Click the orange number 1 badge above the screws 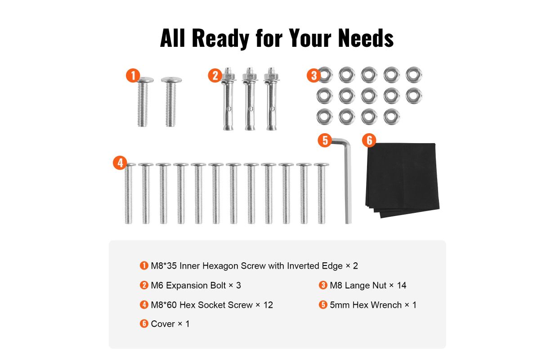coord(133,75)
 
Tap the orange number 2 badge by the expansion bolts coord(215,75)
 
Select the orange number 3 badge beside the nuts coord(313,75)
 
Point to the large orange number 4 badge coord(120,163)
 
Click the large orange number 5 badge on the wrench coord(325,140)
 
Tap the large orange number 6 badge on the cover coord(369,140)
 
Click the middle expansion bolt coord(250,99)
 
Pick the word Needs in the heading coord(366,38)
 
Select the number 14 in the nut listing coord(401,285)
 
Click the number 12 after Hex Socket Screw coord(268,305)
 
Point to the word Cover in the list coord(163,324)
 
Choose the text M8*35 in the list coord(164,266)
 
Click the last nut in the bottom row coord(391,117)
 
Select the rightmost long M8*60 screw coord(322,193)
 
